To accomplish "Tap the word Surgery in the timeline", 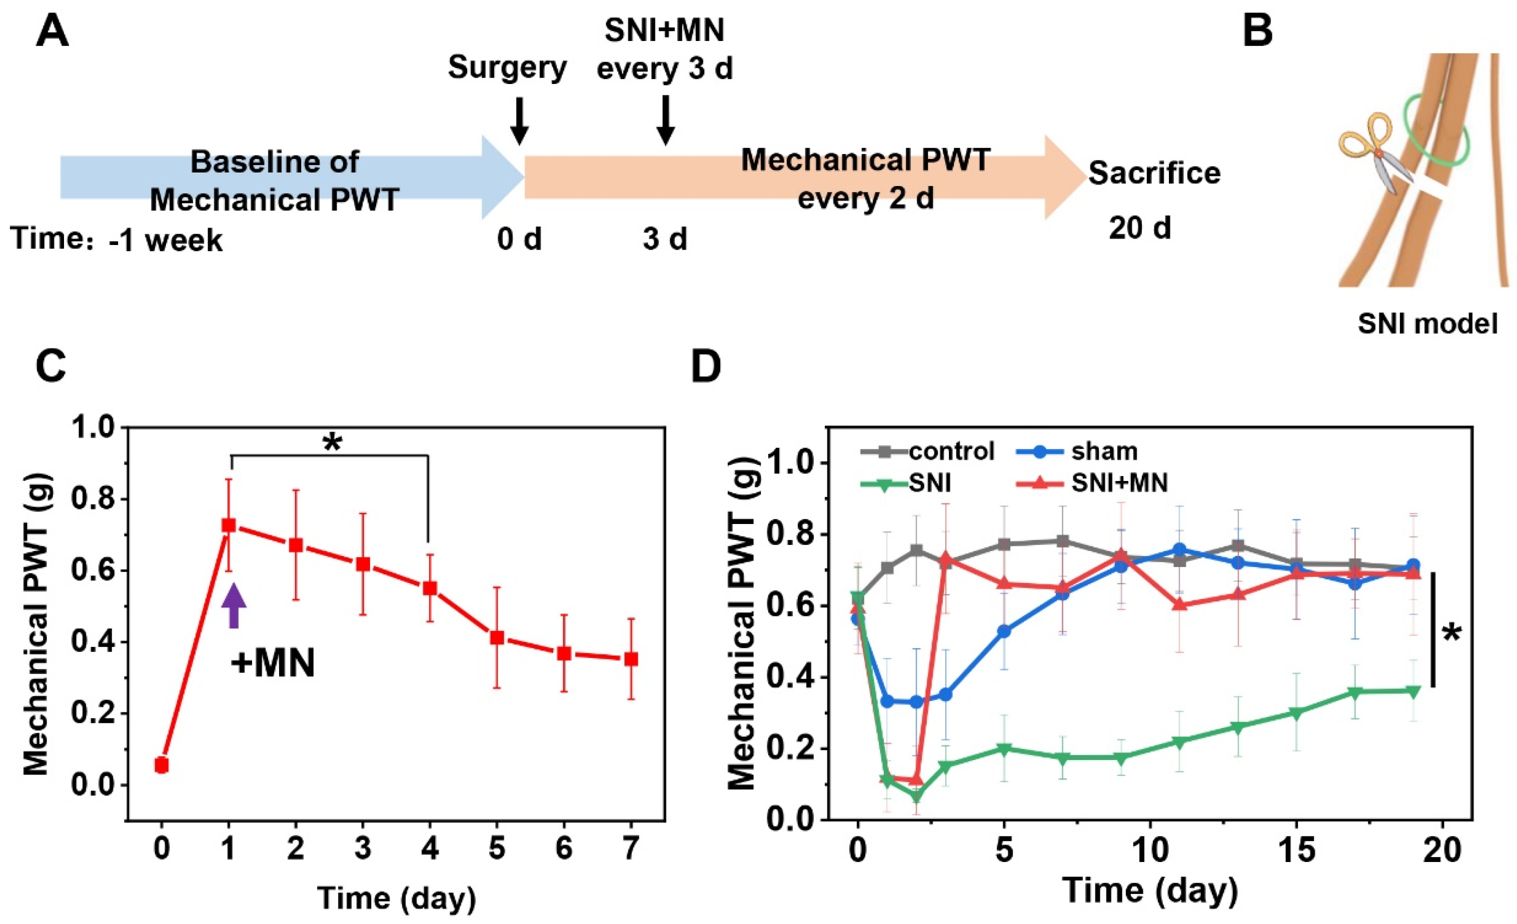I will tap(507, 67).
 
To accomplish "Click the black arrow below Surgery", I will tap(520, 120).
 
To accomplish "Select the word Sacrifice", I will tap(1154, 173).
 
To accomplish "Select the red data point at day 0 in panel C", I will tap(162, 765).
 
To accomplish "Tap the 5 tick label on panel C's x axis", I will tap(497, 849).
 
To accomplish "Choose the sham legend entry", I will tap(1104, 451).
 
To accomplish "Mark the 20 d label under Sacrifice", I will tap(1139, 228).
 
